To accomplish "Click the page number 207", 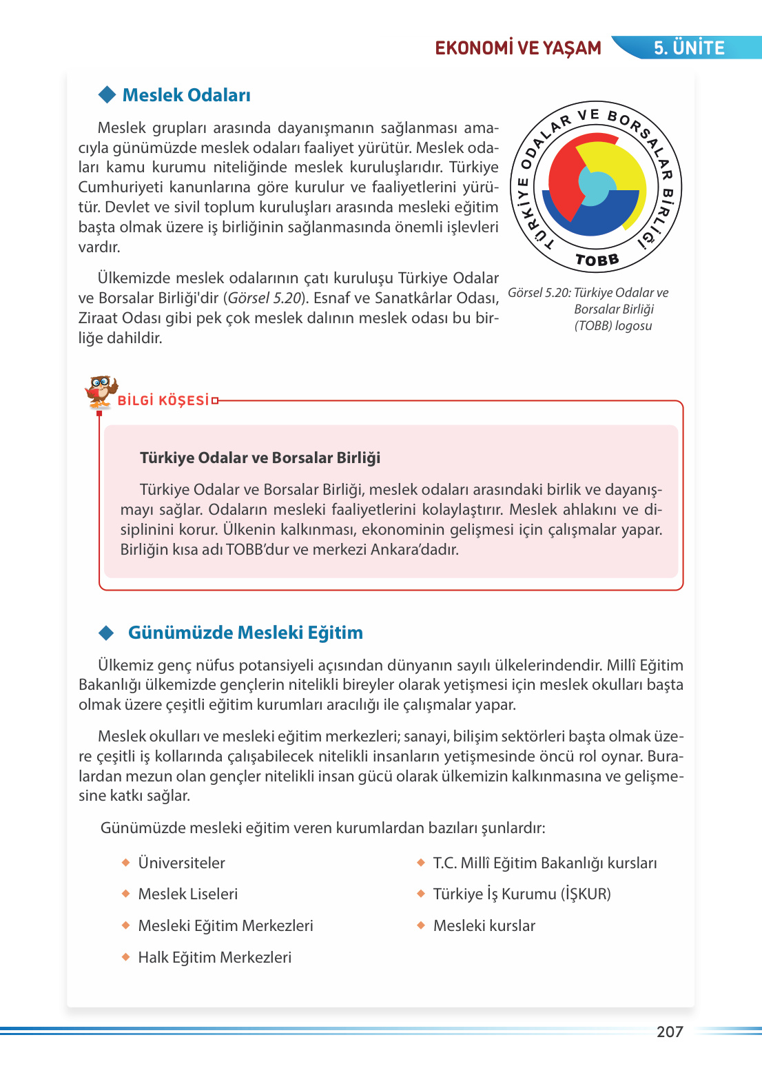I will pos(669,1032).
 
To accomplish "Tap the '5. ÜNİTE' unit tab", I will pos(688,48).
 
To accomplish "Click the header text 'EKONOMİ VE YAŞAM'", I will pos(518,48).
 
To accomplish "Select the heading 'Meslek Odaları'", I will pos(186,95).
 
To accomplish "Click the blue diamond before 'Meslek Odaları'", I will pos(107,94).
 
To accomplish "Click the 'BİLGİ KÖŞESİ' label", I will pos(163,400).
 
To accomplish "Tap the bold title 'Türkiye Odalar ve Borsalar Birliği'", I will pos(260,458).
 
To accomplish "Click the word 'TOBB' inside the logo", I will pos(597,260).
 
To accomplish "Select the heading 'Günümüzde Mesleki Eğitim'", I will pos(245,633).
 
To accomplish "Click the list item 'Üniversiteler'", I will pos(181,863).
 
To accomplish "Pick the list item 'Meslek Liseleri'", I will pos(187,894).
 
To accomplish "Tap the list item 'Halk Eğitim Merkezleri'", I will pos(214,957).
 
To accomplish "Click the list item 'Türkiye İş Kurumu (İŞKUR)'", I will pos(522,894).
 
